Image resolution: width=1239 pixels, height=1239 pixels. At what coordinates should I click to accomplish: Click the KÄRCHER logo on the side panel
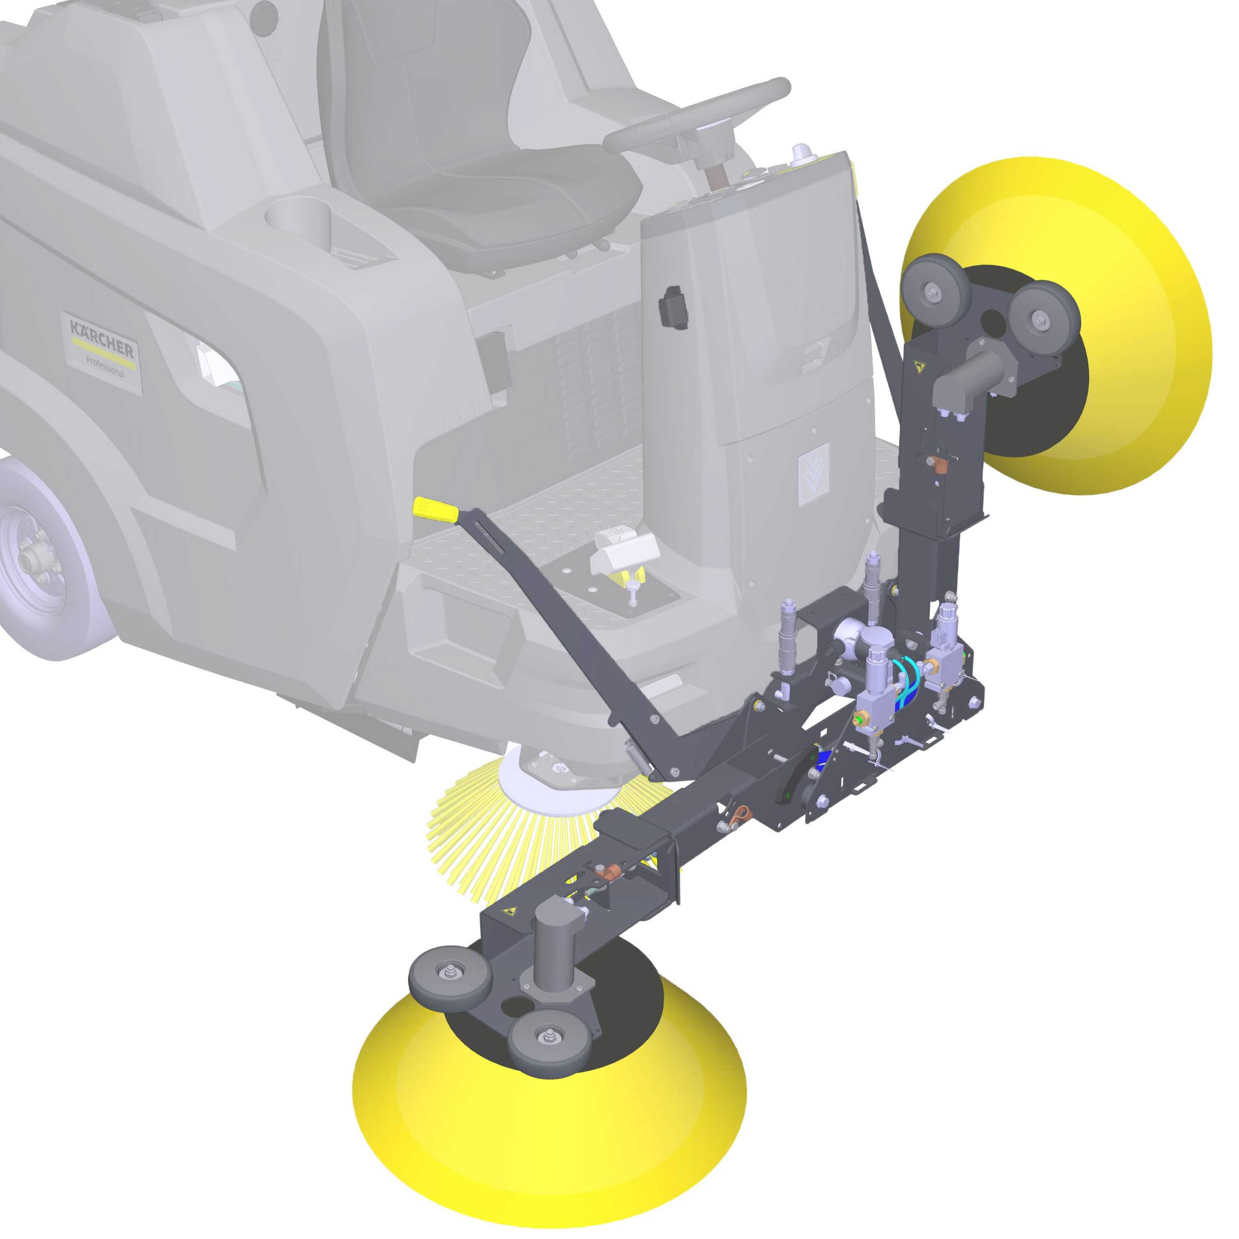click(x=101, y=339)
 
